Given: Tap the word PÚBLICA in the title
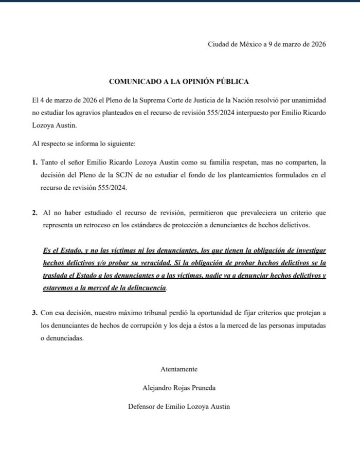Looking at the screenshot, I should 233,82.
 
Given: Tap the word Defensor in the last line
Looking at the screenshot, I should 143,407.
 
